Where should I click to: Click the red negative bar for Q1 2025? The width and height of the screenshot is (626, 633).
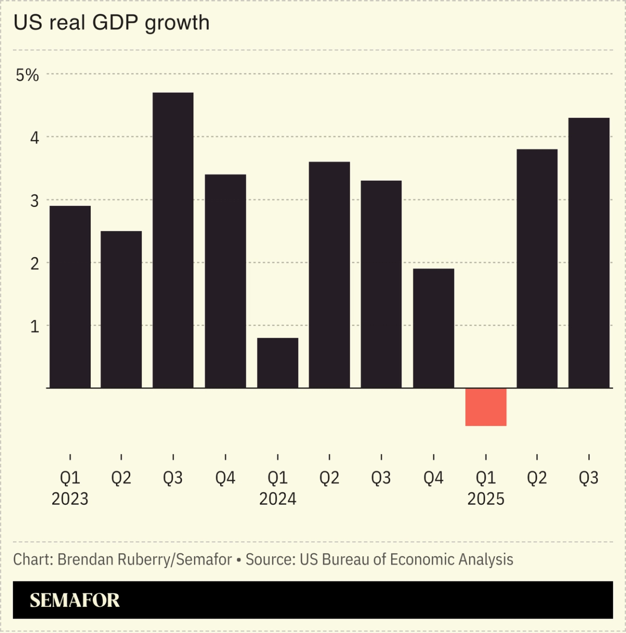pyautogui.click(x=486, y=407)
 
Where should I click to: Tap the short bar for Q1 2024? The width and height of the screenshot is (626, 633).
pyautogui.click(x=277, y=363)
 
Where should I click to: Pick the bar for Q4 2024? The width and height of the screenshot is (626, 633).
pyautogui.click(x=433, y=328)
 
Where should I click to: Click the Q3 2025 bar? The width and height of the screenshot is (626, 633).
pyautogui.click(x=589, y=253)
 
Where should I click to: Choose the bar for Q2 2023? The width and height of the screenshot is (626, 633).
pyautogui.click(x=121, y=309)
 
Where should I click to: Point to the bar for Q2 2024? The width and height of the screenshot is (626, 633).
pyautogui.click(x=329, y=275)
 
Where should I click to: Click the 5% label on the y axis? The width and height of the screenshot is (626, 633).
pyautogui.click(x=27, y=75)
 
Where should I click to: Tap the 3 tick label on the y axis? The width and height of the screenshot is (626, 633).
pyautogui.click(x=35, y=200)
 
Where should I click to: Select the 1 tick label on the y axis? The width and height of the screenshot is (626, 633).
pyautogui.click(x=35, y=326)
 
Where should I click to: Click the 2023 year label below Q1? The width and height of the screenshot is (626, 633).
pyautogui.click(x=70, y=499)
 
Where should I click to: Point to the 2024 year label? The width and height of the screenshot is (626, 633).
pyautogui.click(x=277, y=499)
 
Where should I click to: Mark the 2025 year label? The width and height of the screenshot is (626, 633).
pyautogui.click(x=486, y=499)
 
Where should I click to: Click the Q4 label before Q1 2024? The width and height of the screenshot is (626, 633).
pyautogui.click(x=225, y=478)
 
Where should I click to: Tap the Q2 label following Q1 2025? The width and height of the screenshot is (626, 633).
pyautogui.click(x=537, y=478)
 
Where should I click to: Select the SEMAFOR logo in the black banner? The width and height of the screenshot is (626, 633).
pyautogui.click(x=74, y=600)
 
